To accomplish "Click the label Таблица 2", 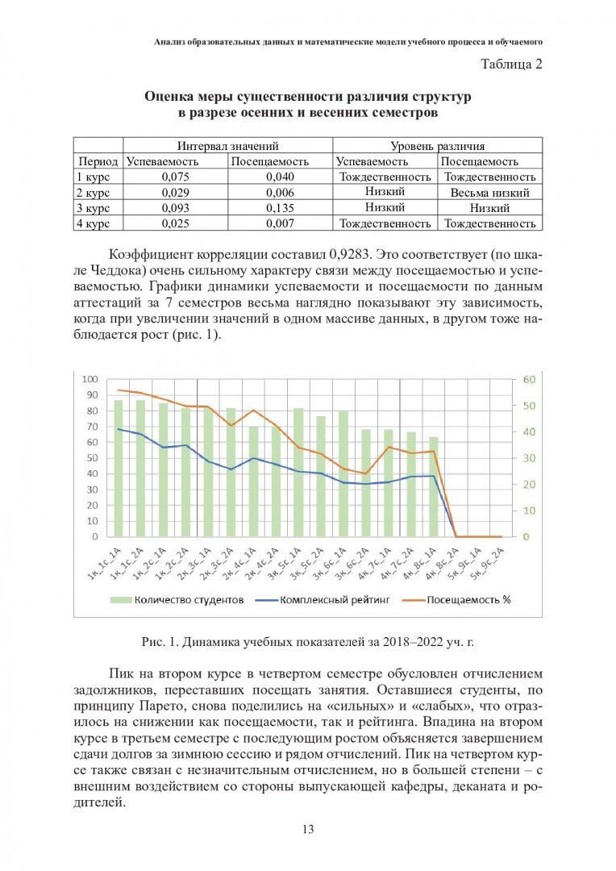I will point(511,65).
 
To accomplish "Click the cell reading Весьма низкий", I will point(489,193).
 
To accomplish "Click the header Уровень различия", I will point(437,146).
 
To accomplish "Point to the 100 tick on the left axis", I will point(89,379).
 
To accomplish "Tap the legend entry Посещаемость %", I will point(468,599).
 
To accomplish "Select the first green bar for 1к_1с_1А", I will point(119,468).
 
